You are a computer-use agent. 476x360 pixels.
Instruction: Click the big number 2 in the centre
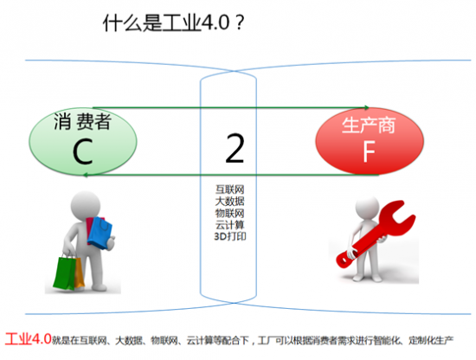coord(234,149)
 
